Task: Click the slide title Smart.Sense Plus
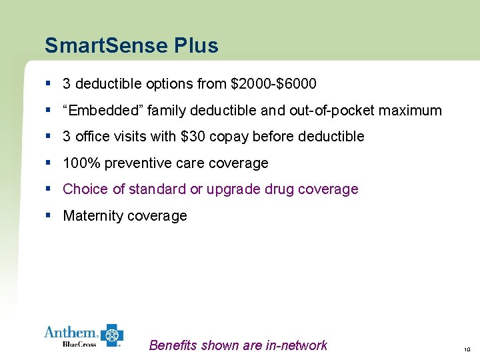pyautogui.click(x=131, y=45)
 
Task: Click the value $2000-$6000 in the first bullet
pyautogui.click(x=273, y=84)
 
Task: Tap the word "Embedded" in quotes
pyautogui.click(x=99, y=111)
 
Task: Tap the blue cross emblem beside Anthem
pyautogui.click(x=111, y=335)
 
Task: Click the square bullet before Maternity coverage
pyautogui.click(x=49, y=215)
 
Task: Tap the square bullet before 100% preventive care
pyautogui.click(x=49, y=163)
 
